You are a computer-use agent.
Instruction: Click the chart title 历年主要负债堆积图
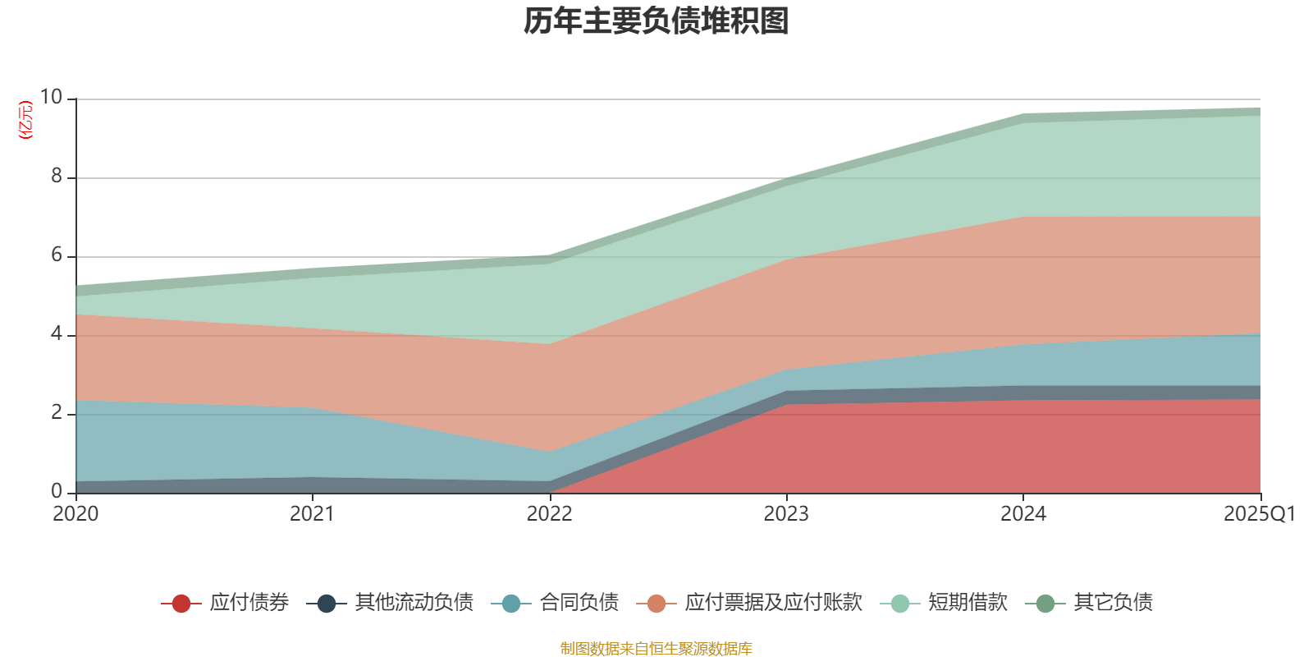tap(656, 21)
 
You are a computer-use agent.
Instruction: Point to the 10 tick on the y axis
tap(51, 97)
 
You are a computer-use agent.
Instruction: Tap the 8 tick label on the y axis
tap(57, 176)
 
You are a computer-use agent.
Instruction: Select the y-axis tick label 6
tap(57, 255)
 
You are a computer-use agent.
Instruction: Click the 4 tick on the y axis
tap(57, 333)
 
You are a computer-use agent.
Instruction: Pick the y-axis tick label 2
tap(57, 412)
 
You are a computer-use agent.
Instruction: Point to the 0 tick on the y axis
tap(57, 491)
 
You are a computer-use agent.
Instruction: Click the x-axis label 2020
tap(75, 514)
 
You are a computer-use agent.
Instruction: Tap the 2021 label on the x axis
tap(312, 514)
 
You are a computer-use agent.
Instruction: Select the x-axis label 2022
tap(549, 514)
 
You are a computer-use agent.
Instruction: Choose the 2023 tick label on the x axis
tap(786, 514)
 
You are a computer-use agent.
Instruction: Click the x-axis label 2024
tap(1022, 514)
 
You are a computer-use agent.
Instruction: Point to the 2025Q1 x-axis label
tap(1259, 514)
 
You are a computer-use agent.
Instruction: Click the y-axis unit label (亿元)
tap(25, 120)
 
